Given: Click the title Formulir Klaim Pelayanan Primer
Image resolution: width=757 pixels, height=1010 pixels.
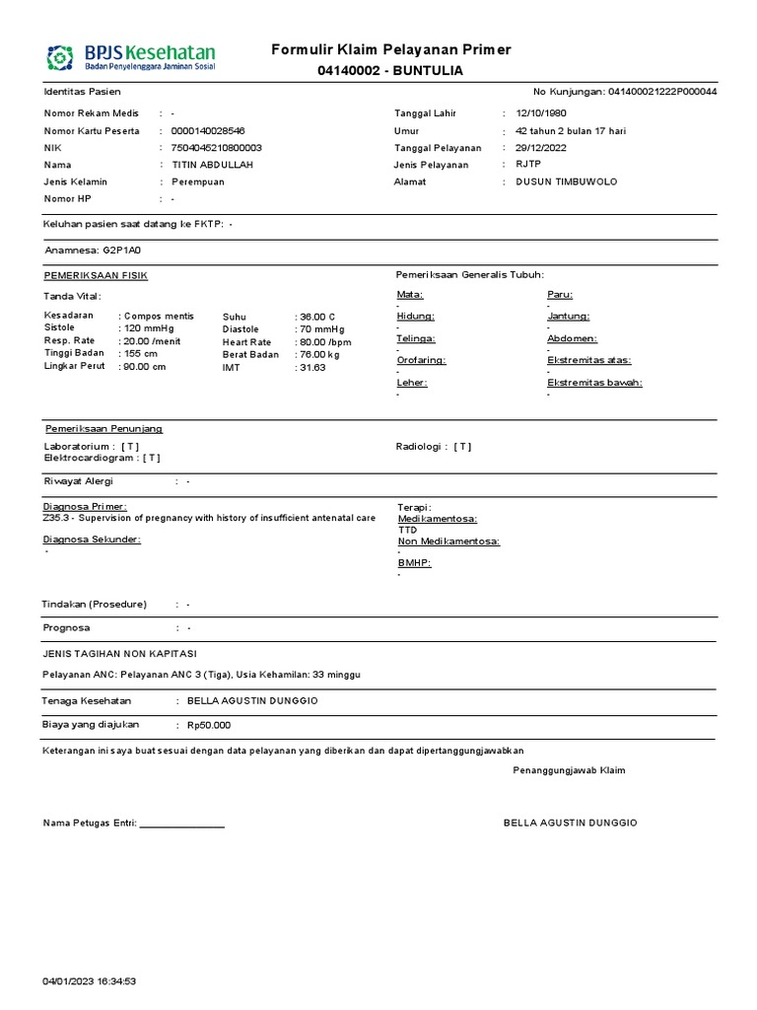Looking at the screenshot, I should tap(391, 50).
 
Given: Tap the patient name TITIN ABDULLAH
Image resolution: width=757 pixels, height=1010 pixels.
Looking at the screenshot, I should tap(212, 165).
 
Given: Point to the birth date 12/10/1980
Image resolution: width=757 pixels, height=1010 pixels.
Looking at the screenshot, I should tap(541, 113).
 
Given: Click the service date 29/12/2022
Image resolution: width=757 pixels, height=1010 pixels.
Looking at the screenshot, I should tap(541, 148).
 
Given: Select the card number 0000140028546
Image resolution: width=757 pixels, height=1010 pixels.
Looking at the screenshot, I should tap(208, 130).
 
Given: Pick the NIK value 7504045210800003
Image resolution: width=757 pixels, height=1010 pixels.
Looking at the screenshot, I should tap(216, 148).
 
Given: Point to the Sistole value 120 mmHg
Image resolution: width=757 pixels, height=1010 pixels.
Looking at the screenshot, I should tap(149, 328).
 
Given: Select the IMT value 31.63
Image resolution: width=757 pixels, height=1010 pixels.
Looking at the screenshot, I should tap(312, 367).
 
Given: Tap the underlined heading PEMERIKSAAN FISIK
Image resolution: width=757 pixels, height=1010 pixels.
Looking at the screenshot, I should tap(96, 275).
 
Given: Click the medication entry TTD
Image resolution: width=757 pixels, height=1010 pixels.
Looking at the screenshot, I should tap(407, 530).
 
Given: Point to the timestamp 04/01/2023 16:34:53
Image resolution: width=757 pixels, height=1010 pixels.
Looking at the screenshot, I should tap(89, 981).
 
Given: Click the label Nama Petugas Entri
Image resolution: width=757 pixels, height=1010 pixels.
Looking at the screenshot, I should tap(90, 823).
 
